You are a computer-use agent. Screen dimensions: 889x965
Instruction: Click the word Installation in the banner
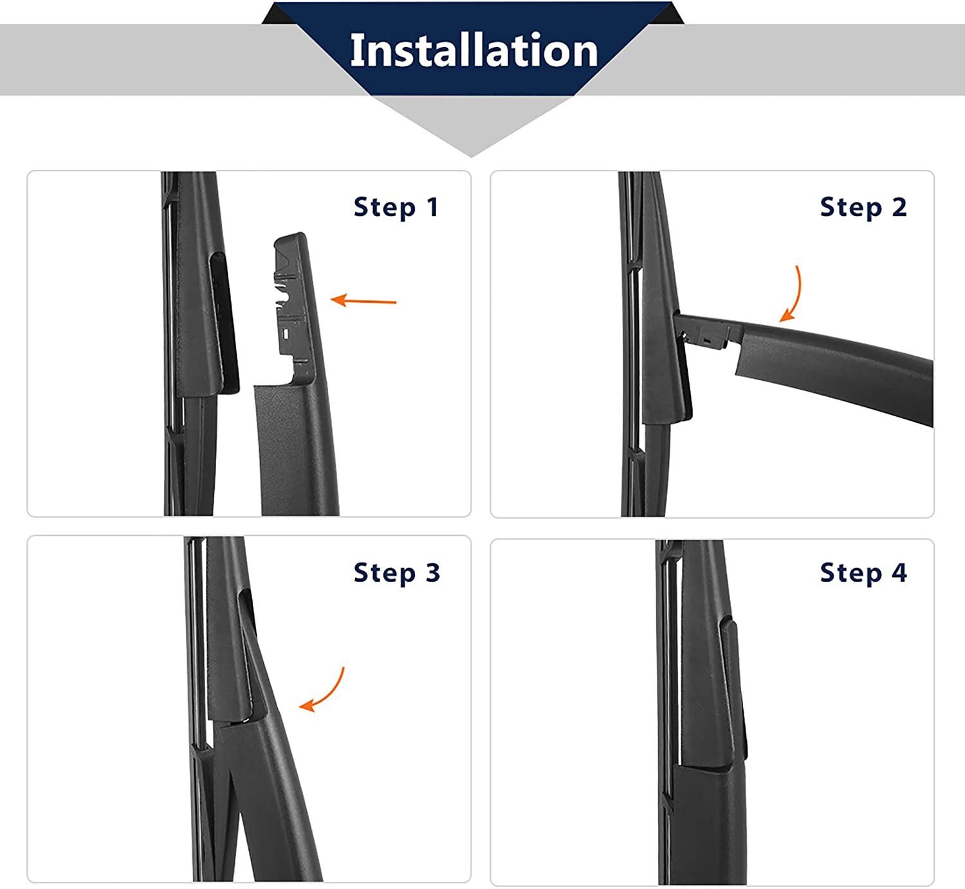473,50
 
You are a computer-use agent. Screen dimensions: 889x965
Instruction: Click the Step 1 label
396,207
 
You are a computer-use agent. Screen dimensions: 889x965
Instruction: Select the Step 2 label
863,207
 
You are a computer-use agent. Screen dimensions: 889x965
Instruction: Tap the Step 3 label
396,572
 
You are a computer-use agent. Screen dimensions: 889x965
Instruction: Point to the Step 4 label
863,572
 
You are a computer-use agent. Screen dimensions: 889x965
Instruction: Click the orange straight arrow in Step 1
363,300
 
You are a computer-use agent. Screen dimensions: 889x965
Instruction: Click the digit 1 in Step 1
432,207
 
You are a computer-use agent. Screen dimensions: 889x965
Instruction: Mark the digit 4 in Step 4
898,572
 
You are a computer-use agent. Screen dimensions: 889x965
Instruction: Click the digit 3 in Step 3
432,572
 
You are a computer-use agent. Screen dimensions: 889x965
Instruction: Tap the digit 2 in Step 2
898,207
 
